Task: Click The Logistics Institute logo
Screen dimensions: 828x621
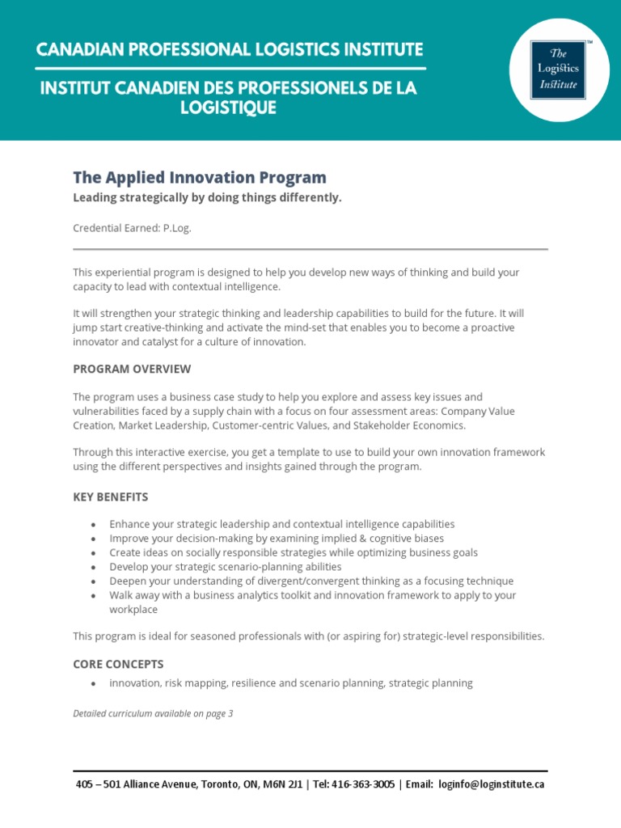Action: click(x=559, y=70)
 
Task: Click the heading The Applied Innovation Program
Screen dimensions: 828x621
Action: click(x=200, y=178)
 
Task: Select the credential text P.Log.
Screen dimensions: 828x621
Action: click(x=177, y=228)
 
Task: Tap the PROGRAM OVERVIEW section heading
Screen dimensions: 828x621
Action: click(x=132, y=370)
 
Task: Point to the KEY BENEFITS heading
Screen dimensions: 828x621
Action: click(x=111, y=496)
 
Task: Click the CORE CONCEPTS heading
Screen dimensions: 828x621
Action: click(x=118, y=664)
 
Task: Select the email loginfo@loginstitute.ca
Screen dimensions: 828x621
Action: click(x=493, y=784)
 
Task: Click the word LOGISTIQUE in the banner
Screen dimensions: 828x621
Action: click(x=230, y=108)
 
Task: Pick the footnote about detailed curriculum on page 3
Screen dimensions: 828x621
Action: click(x=153, y=713)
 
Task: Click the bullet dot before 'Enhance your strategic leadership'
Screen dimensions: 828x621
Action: click(x=94, y=525)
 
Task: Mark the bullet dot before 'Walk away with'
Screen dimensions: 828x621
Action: click(x=94, y=596)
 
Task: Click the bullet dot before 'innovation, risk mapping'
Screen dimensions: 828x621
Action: click(x=94, y=684)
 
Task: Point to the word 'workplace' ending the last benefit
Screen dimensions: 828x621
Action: click(x=134, y=609)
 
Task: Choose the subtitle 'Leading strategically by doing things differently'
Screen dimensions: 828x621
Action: click(x=207, y=198)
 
